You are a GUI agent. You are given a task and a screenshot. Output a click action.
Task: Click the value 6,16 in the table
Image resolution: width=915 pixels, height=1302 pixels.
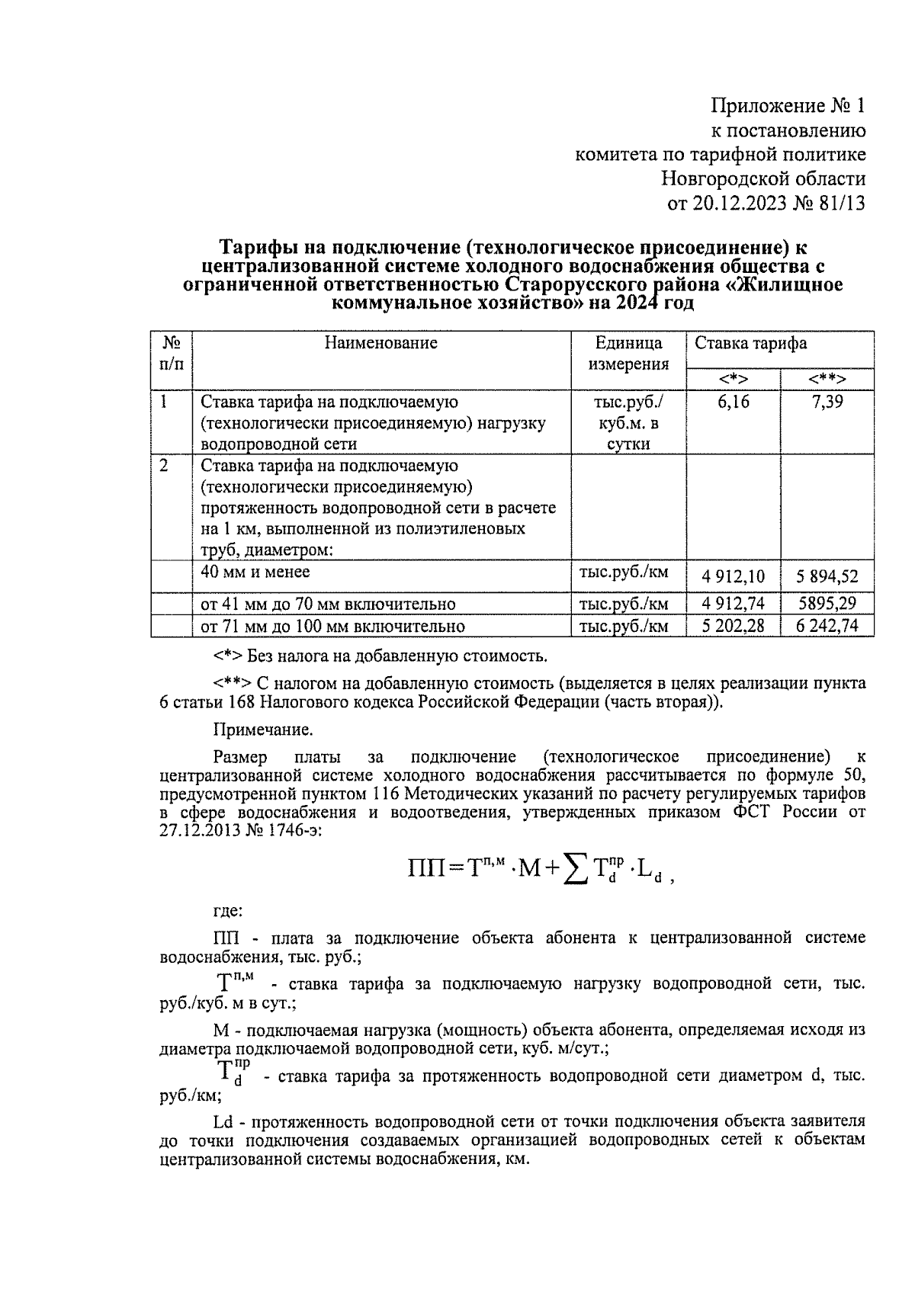[733, 402]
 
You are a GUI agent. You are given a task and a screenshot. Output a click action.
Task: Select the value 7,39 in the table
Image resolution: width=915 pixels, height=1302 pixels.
[827, 402]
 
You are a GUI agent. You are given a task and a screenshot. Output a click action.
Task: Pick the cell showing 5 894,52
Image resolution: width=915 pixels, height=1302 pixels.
[827, 576]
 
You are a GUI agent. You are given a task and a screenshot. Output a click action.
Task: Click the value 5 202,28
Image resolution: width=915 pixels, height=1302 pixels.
[734, 627]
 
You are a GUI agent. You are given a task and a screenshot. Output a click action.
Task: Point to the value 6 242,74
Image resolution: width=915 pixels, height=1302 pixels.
[827, 627]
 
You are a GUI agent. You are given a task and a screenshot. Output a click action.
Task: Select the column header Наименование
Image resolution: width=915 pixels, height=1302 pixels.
[381, 343]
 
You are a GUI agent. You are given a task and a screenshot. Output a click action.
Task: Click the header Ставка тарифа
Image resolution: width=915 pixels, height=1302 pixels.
[750, 343]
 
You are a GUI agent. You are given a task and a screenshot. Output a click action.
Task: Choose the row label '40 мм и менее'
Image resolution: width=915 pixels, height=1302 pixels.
[255, 572]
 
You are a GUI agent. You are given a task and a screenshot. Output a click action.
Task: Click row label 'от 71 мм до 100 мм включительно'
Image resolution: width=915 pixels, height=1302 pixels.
[332, 627]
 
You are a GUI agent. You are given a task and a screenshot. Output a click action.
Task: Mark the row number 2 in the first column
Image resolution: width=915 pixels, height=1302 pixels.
[164, 465]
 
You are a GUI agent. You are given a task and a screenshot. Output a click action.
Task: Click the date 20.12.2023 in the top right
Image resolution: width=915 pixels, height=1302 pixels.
[738, 204]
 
